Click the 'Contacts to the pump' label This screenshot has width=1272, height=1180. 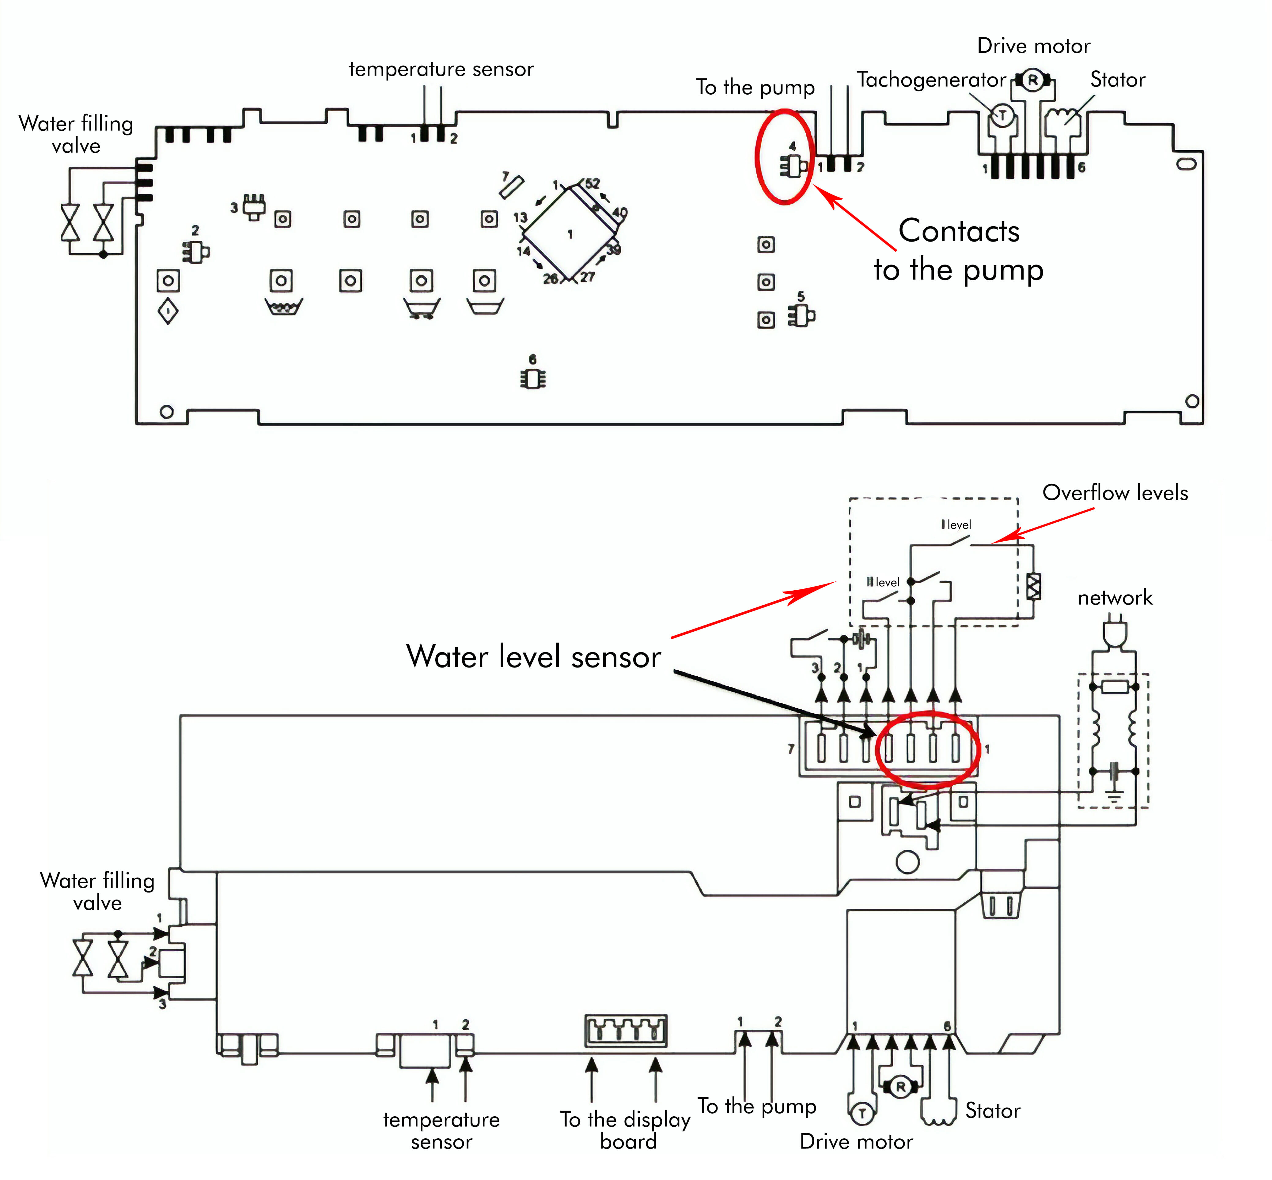click(958, 250)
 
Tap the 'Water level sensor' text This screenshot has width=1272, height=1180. click(533, 656)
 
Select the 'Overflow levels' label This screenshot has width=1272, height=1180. click(1115, 492)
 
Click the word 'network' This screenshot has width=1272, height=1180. click(1115, 598)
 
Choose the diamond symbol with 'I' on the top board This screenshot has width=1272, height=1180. click(168, 311)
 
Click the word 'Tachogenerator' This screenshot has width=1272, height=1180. click(931, 80)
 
